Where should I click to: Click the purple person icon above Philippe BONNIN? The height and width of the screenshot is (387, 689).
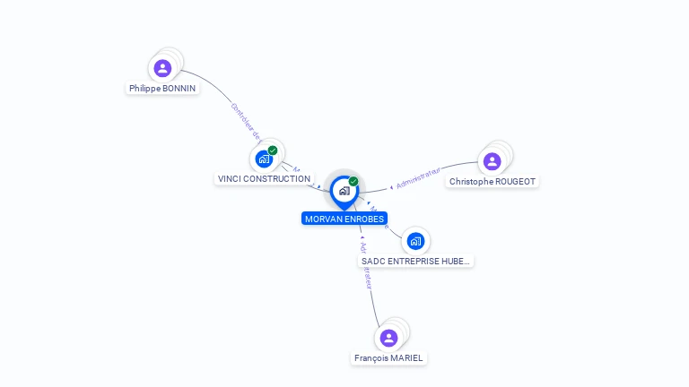pos(162,68)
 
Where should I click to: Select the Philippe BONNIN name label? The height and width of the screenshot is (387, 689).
pos(162,89)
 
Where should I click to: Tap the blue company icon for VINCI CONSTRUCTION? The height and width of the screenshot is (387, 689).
pos(264,159)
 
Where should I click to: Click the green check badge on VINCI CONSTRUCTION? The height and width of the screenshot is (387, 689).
pos(273,150)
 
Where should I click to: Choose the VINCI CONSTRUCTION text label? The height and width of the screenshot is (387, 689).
pos(264,179)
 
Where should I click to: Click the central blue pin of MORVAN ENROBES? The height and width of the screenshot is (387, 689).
pos(344,191)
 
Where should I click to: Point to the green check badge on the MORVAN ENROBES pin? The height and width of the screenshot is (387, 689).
pos(353,181)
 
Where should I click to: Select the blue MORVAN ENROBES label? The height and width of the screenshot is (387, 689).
pos(344,219)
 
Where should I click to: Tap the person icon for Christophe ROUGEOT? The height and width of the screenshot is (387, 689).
pos(492,161)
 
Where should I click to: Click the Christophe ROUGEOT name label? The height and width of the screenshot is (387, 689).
pos(493,182)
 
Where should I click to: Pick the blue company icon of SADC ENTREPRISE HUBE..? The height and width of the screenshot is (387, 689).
pos(415,241)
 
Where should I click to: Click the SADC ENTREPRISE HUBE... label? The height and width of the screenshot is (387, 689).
pos(415,262)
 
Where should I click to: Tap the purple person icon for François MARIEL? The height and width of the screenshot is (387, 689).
pos(388,338)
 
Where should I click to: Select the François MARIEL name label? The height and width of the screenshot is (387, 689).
pos(388,358)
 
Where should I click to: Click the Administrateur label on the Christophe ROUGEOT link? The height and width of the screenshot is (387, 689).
pos(418,177)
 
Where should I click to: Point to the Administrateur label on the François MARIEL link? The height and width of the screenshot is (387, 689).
pos(365,265)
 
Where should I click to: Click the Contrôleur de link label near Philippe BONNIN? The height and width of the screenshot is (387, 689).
pos(245,122)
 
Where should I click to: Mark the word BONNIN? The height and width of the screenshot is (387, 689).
pos(179,89)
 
